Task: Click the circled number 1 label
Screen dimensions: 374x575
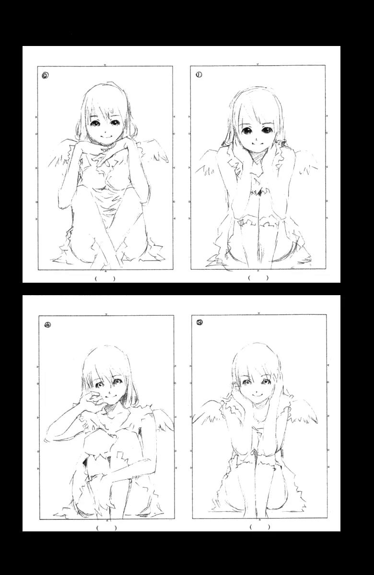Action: (x=199, y=75)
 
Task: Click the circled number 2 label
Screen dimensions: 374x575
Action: (x=46, y=75)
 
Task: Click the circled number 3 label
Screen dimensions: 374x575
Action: (x=199, y=322)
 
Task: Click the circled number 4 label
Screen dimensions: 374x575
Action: (x=47, y=325)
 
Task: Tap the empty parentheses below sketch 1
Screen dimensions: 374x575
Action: (x=258, y=278)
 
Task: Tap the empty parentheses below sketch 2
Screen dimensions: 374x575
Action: (x=105, y=278)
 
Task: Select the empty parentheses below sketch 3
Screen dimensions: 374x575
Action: (x=260, y=527)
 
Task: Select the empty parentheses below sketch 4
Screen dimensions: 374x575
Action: (x=106, y=528)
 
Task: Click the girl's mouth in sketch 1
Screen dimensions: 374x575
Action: (x=255, y=143)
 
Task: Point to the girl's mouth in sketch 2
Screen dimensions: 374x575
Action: (x=105, y=136)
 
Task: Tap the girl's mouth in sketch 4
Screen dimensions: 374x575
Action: (x=110, y=396)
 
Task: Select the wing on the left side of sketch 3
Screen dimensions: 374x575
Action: (x=208, y=411)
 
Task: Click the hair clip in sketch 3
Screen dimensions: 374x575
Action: (x=235, y=384)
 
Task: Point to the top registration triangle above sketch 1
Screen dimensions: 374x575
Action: (x=257, y=64)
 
